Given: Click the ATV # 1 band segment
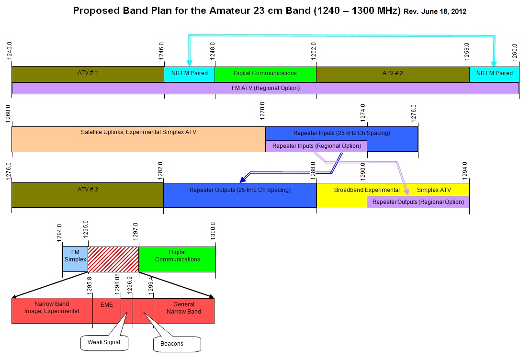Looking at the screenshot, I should tap(88, 74).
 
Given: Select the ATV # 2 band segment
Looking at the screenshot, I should tap(393, 74).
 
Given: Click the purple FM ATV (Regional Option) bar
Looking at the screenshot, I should tap(265, 89).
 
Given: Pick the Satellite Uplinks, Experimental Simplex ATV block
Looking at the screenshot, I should tap(138, 139).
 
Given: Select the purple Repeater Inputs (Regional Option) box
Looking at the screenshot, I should tap(316, 146).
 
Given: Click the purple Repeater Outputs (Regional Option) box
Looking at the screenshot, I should tap(418, 202).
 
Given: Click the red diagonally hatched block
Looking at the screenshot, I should tap(113, 259).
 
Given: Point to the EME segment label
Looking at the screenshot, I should tap(106, 304).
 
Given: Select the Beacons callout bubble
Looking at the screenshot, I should tap(175, 344).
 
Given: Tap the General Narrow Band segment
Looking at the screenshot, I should tap(184, 308).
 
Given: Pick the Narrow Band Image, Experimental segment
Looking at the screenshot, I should tap(52, 308).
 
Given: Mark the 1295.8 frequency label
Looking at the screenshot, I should tap(90, 283).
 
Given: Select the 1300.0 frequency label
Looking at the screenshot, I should tap(213, 231).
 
